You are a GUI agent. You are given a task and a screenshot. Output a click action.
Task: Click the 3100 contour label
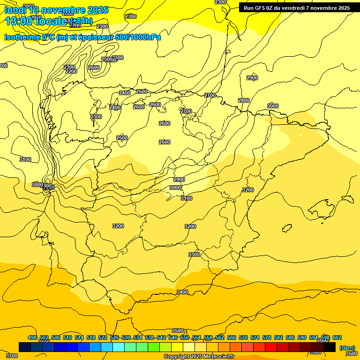[25, 160]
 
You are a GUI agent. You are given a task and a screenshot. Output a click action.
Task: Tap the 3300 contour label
[194, 255]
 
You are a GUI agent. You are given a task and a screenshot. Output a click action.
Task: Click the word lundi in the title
[15, 10]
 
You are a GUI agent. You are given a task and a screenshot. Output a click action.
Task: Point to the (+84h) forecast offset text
[81, 21]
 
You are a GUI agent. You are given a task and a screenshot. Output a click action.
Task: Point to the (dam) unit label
[347, 347]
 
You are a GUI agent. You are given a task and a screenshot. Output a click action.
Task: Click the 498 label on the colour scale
[32, 337]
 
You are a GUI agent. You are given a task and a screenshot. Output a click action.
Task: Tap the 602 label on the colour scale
[337, 337]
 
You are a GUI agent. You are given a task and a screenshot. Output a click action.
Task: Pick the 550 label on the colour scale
[185, 337]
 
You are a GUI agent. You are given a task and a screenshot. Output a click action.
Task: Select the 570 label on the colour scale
[243, 337]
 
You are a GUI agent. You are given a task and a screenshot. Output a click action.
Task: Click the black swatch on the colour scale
[330, 347]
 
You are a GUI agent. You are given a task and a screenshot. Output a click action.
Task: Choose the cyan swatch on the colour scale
[119, 347]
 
